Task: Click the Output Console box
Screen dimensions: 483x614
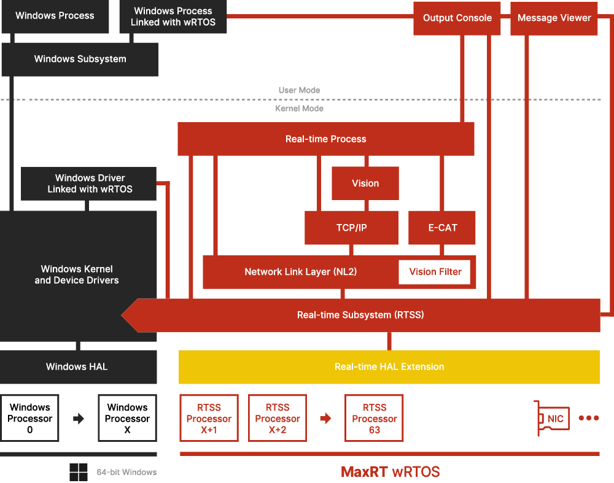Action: [457, 18]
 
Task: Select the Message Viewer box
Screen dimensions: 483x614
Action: [554, 18]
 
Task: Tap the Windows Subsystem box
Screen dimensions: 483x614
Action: [80, 60]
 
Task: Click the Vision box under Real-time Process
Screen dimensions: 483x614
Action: [365, 184]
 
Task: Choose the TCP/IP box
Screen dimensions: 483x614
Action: [351, 228]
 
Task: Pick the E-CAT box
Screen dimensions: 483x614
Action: [443, 228]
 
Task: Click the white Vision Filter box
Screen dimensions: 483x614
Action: [435, 272]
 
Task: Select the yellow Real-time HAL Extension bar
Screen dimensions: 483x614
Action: [389, 367]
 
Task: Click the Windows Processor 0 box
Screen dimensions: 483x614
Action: [29, 419]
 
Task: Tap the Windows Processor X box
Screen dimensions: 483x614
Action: [127, 419]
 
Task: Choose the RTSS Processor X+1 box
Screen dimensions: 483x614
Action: [209, 419]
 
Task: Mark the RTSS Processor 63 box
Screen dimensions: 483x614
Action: [375, 419]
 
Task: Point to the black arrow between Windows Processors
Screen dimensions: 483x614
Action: [79, 419]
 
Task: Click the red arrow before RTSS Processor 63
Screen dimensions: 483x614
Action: [325, 419]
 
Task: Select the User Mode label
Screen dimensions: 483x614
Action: [299, 90]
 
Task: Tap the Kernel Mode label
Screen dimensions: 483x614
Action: [299, 109]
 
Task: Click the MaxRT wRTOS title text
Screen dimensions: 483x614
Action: [390, 472]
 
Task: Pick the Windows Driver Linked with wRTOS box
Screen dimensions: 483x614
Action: [90, 184]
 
